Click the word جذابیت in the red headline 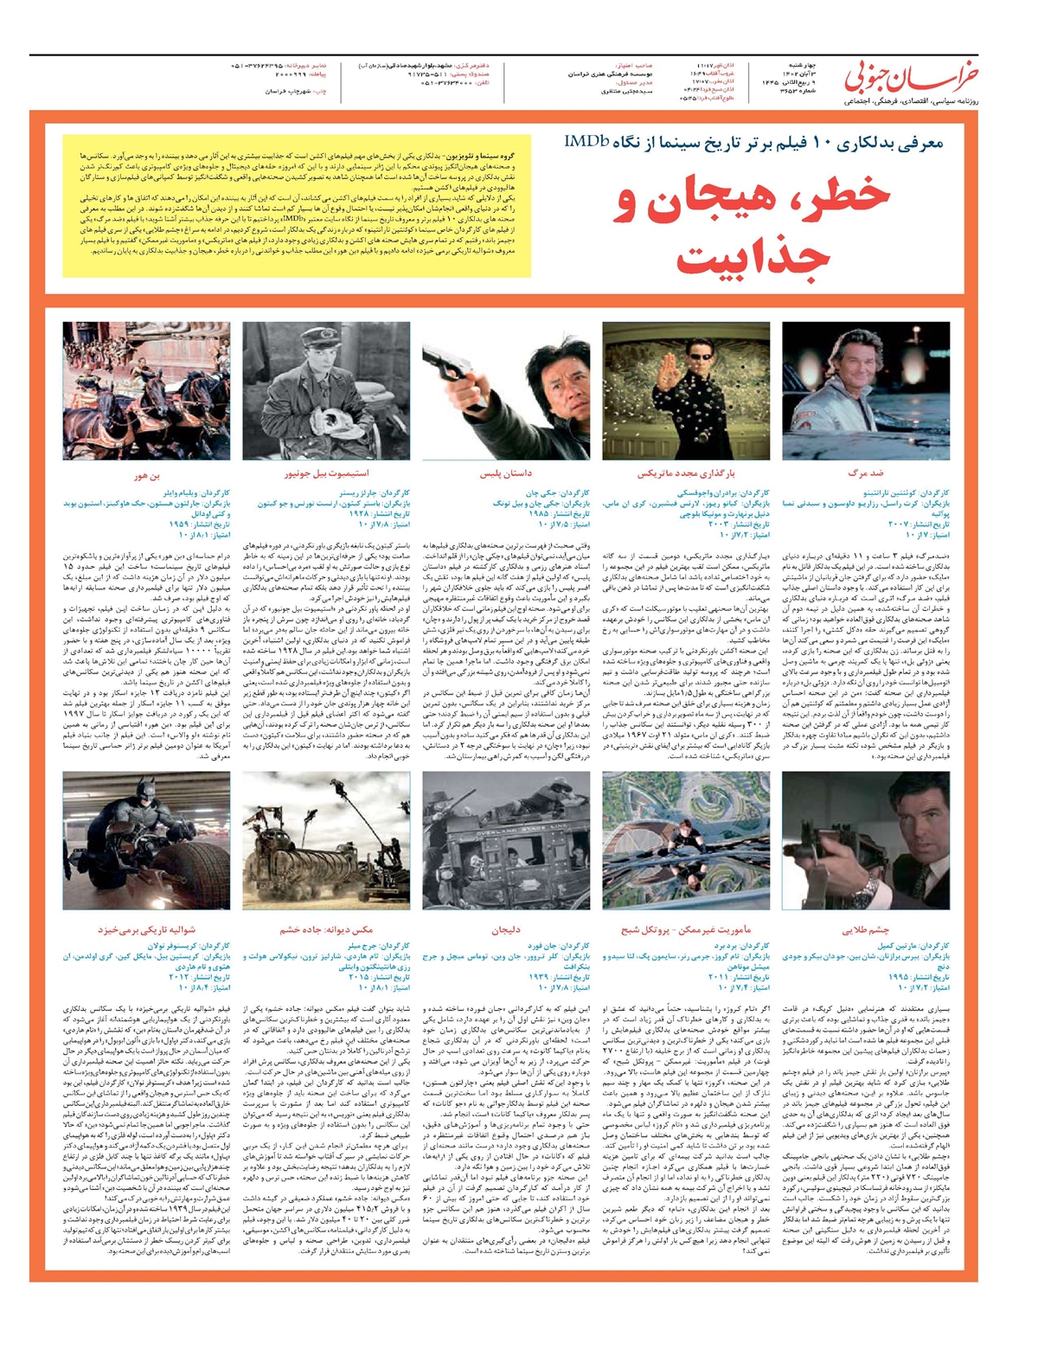point(752,257)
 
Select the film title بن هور point(146,475)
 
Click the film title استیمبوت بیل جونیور point(326,475)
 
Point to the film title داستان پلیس point(505,475)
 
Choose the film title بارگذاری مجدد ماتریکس point(686,475)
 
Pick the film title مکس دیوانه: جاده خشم point(326,930)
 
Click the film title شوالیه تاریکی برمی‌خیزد point(146,930)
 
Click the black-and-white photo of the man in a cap point(326,391)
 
